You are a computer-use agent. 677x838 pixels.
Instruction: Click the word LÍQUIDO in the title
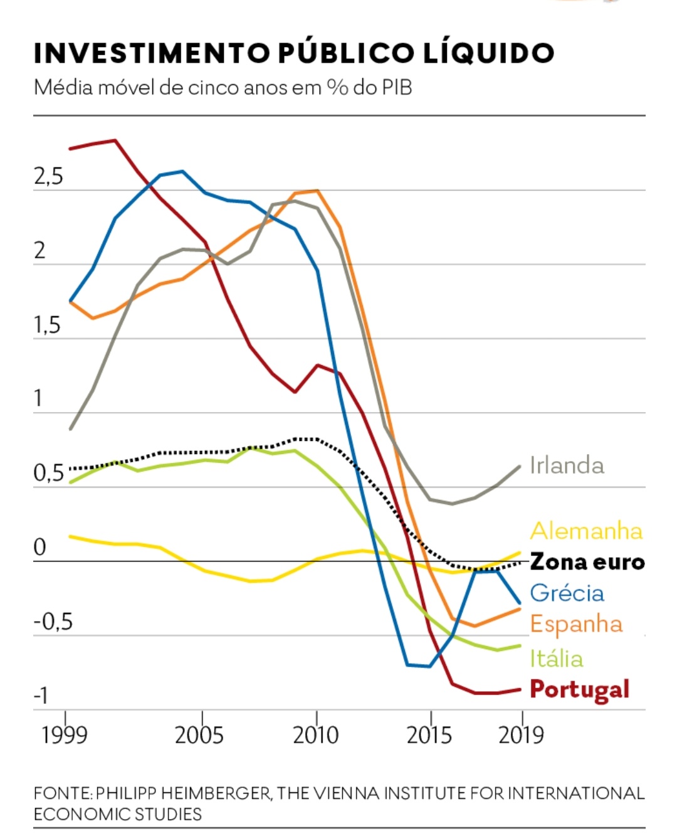489,53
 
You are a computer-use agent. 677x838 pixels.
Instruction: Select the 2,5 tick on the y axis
48,177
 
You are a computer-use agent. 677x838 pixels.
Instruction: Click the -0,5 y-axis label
53,622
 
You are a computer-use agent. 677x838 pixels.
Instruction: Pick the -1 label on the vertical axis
41,696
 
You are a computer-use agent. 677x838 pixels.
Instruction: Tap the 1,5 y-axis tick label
47,325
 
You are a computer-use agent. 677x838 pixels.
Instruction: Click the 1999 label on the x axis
65,735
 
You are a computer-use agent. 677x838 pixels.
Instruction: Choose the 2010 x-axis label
316,735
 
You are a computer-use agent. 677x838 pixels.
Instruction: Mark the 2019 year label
522,735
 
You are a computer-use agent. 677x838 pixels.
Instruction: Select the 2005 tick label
199,735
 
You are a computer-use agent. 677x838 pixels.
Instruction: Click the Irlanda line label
567,465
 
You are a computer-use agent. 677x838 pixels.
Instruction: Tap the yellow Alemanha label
586,531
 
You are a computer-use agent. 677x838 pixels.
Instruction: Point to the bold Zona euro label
587,561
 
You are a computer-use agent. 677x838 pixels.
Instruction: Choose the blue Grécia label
567,593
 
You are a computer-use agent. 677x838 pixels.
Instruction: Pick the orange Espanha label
576,624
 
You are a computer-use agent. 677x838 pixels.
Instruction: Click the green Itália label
556,659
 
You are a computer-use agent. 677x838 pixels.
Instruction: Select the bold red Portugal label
579,689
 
